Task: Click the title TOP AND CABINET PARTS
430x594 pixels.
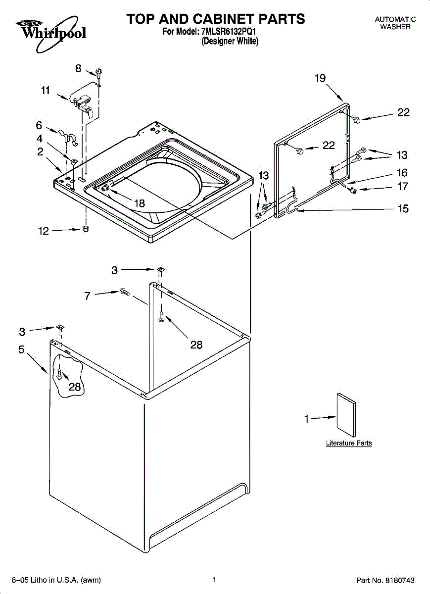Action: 215,19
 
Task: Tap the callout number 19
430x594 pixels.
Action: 320,78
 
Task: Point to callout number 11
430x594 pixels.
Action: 46,91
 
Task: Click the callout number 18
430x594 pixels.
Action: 139,203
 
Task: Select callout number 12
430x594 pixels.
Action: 44,231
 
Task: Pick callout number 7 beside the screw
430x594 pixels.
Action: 88,296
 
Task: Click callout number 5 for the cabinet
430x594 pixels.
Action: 21,349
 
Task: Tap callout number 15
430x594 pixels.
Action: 403,209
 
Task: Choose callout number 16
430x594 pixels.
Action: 402,173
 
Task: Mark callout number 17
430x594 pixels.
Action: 403,187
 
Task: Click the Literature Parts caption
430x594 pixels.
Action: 349,443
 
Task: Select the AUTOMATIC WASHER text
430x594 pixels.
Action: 395,23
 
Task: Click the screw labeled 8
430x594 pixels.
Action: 99,73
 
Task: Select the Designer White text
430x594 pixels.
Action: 230,42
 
